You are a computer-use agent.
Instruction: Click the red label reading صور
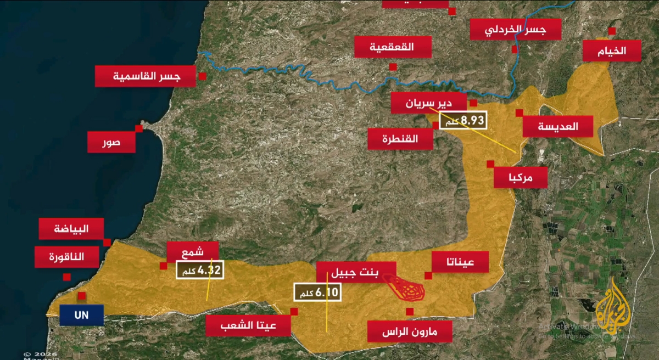coord(111,143)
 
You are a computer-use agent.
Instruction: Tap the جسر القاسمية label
coord(146,76)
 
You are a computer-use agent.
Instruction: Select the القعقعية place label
coord(393,47)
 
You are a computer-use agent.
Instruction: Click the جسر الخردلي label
coord(516,30)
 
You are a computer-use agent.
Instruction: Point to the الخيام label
coord(612,50)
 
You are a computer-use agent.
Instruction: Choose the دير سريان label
coord(429,103)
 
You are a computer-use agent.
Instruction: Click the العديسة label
coord(558,126)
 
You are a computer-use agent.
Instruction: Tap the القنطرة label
coord(400,139)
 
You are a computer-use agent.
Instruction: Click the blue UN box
coord(82,316)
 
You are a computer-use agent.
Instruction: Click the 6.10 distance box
coord(317,292)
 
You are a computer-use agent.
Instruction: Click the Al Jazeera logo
coord(613,310)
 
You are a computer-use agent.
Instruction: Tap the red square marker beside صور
coord(139,128)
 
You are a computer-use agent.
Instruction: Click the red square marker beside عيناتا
coord(428,275)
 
